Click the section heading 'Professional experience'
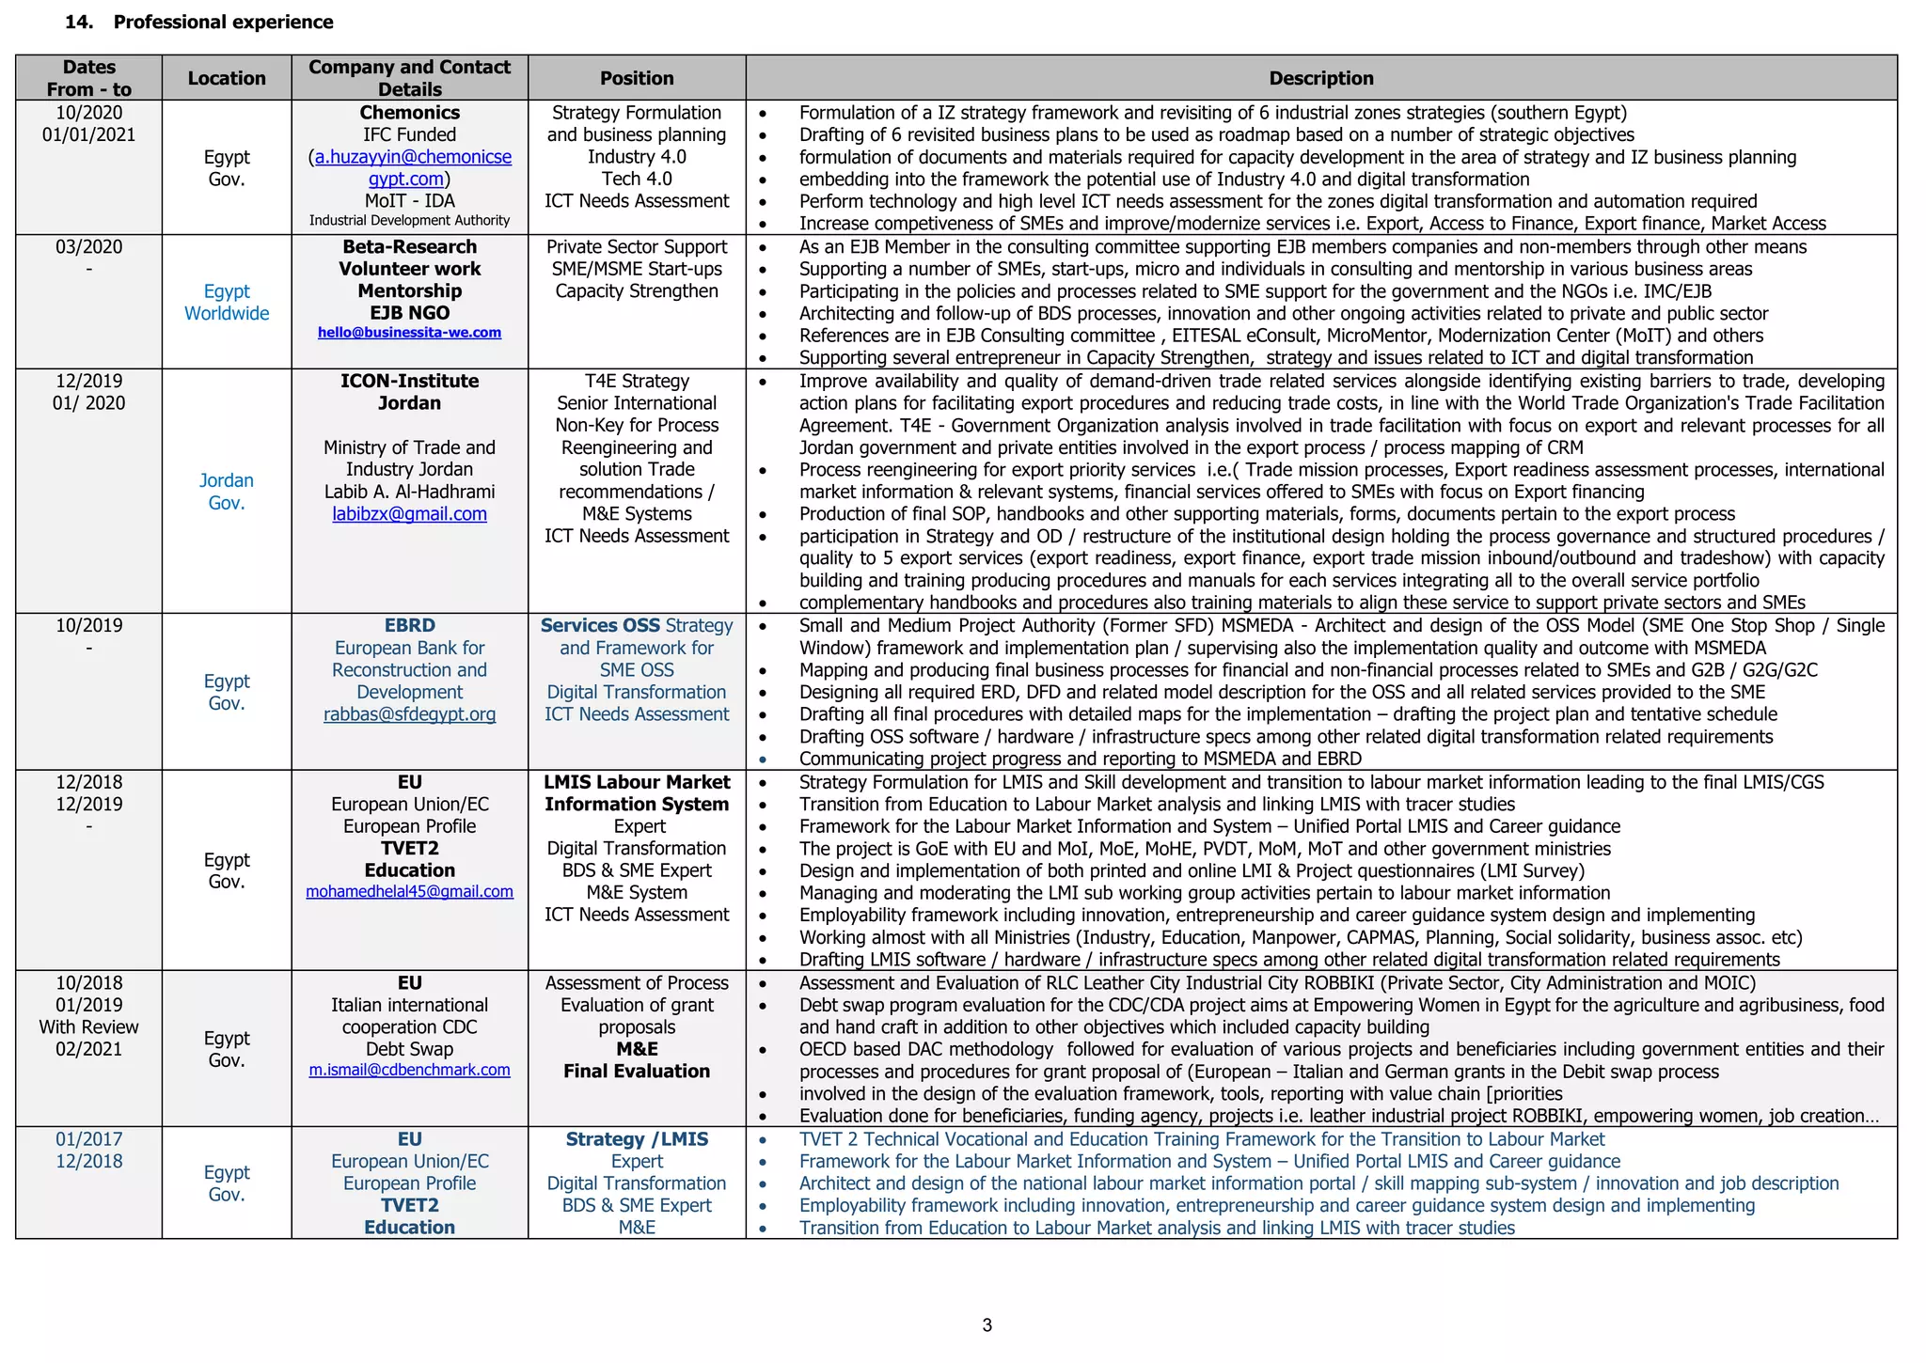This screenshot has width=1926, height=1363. [x=223, y=22]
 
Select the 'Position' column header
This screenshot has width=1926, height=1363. [x=637, y=78]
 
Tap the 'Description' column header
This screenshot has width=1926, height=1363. [x=1320, y=78]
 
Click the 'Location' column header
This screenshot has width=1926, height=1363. [x=227, y=78]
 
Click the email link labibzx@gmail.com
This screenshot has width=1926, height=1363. [x=409, y=514]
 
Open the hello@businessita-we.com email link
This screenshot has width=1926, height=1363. [x=409, y=333]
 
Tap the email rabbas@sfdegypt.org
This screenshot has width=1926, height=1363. [x=409, y=714]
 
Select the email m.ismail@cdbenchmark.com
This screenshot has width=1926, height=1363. [x=409, y=1070]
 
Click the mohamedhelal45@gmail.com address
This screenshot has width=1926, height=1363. [x=409, y=891]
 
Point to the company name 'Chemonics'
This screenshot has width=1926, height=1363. [x=409, y=113]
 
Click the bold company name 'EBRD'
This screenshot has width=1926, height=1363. [x=409, y=626]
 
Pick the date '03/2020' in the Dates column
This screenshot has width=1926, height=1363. [x=88, y=247]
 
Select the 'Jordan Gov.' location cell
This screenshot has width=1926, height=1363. [x=227, y=492]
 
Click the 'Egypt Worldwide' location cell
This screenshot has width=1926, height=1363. [x=227, y=303]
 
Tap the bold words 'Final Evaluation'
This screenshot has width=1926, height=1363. [x=637, y=1072]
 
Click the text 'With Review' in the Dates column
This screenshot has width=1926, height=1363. [x=88, y=1027]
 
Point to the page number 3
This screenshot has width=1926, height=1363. [x=987, y=1325]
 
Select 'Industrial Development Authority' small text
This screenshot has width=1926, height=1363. [x=409, y=221]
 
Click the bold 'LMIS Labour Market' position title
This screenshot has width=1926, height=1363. [x=637, y=782]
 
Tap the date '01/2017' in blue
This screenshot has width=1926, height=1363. [x=88, y=1139]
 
